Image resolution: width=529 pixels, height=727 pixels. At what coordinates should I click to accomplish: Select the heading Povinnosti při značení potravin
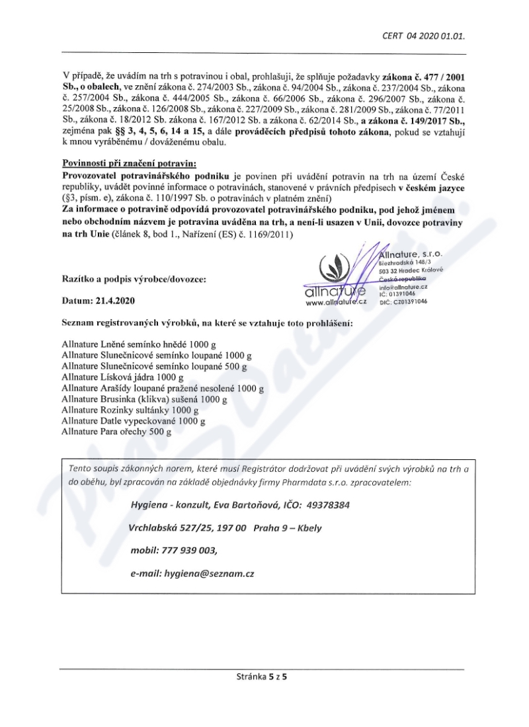(x=130, y=163)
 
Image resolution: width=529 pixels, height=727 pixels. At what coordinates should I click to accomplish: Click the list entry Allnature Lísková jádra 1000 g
(x=122, y=376)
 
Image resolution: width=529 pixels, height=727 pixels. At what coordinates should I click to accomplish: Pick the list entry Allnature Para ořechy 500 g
(x=116, y=432)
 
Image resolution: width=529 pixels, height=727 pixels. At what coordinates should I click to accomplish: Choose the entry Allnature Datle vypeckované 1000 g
(x=133, y=420)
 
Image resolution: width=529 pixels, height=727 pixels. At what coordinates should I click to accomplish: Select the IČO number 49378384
(x=327, y=505)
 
